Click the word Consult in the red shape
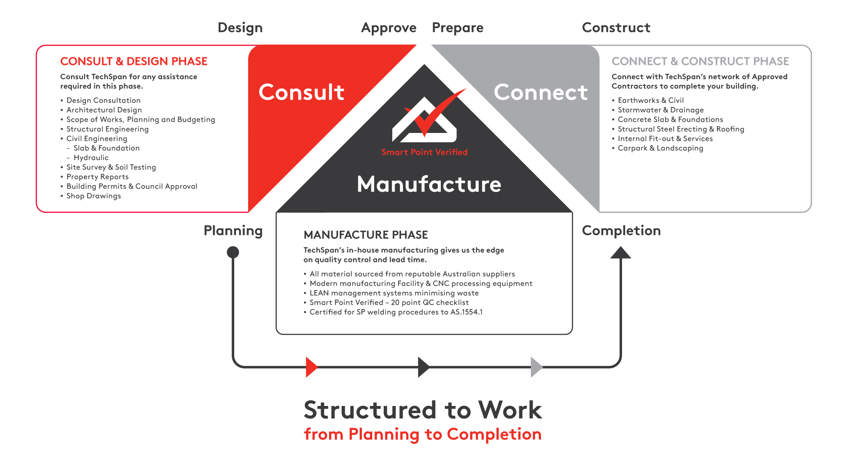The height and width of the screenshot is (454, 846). coord(301,92)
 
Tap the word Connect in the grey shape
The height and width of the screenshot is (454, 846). coord(541,92)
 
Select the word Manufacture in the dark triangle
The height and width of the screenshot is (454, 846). coord(429,184)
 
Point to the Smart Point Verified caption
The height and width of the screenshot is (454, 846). coord(424,152)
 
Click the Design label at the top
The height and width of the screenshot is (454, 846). coord(240,28)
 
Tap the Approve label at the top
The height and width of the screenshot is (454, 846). coord(389,28)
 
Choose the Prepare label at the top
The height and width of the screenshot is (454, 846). coord(458,28)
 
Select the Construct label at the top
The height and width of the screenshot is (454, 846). coord(616,28)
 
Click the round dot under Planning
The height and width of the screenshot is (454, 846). coord(233,253)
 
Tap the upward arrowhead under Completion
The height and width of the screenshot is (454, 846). coord(620,253)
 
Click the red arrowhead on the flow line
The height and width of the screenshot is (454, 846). coord(311,367)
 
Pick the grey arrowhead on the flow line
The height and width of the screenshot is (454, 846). coord(536,367)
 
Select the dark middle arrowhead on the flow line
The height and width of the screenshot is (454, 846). coord(423,367)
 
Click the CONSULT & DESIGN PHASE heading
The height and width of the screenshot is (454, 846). coord(134,61)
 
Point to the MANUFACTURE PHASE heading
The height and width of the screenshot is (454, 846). coord(366,235)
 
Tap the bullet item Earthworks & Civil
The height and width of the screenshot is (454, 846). coord(651,100)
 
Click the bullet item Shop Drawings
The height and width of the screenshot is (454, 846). coord(94,196)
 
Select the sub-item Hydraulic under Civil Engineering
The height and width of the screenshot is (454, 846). coord(91,158)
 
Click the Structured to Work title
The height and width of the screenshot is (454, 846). coord(423,410)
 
